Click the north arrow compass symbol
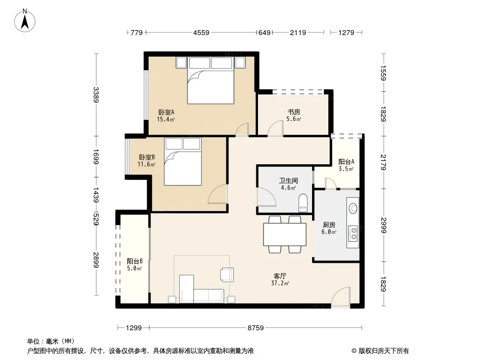(x=25, y=21)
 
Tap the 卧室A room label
(x=166, y=112)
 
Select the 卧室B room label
(x=147, y=157)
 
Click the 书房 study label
(x=294, y=112)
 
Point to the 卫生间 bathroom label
(x=288, y=180)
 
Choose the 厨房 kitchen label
(x=329, y=225)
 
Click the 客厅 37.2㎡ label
(x=280, y=279)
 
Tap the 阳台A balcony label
(x=346, y=162)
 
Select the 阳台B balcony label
(x=135, y=261)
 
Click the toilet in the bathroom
(x=303, y=203)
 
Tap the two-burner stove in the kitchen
(x=353, y=233)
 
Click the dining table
(x=285, y=234)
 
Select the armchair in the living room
(x=227, y=274)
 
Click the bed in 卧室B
(x=183, y=162)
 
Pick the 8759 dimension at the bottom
(x=256, y=328)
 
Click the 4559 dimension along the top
(x=201, y=32)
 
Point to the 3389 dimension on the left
(x=96, y=95)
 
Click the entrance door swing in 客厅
(x=340, y=296)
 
